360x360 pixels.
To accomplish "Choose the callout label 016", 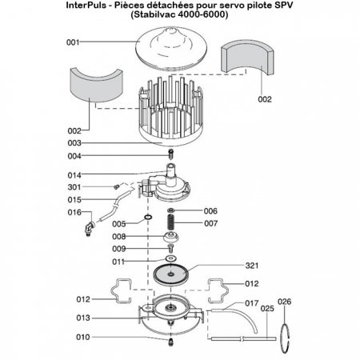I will coord(74,212).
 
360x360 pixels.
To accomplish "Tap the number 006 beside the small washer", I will coord(210,211).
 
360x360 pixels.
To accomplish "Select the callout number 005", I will coord(118,224).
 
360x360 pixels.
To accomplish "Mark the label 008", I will coord(118,237).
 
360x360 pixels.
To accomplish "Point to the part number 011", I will coord(118,262).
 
